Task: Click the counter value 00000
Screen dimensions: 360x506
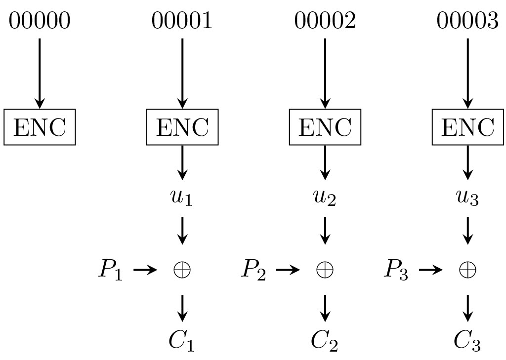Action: pos(40,21)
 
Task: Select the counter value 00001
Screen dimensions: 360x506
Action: pos(182,21)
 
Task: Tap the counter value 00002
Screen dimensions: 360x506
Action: pos(325,21)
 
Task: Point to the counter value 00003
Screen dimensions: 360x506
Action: pos(467,21)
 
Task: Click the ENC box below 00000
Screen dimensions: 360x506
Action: pos(40,127)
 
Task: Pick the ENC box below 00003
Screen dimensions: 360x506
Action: pos(467,127)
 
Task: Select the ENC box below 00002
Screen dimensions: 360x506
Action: pos(325,127)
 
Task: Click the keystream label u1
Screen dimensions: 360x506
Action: pos(182,198)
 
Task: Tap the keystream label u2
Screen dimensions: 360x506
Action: pos(325,198)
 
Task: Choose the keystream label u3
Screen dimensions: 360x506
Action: pos(467,198)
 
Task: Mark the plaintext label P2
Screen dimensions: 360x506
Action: pos(253,270)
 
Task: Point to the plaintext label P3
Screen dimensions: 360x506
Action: pos(396,270)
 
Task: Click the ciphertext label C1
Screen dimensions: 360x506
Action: pos(182,341)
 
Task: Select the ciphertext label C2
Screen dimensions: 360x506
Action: pos(325,341)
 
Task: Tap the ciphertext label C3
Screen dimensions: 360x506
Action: pos(467,341)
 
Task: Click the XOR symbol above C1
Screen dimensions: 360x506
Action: pos(182,270)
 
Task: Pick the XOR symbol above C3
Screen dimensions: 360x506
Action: pos(467,270)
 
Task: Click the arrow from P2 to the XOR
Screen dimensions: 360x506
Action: pos(288,270)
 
